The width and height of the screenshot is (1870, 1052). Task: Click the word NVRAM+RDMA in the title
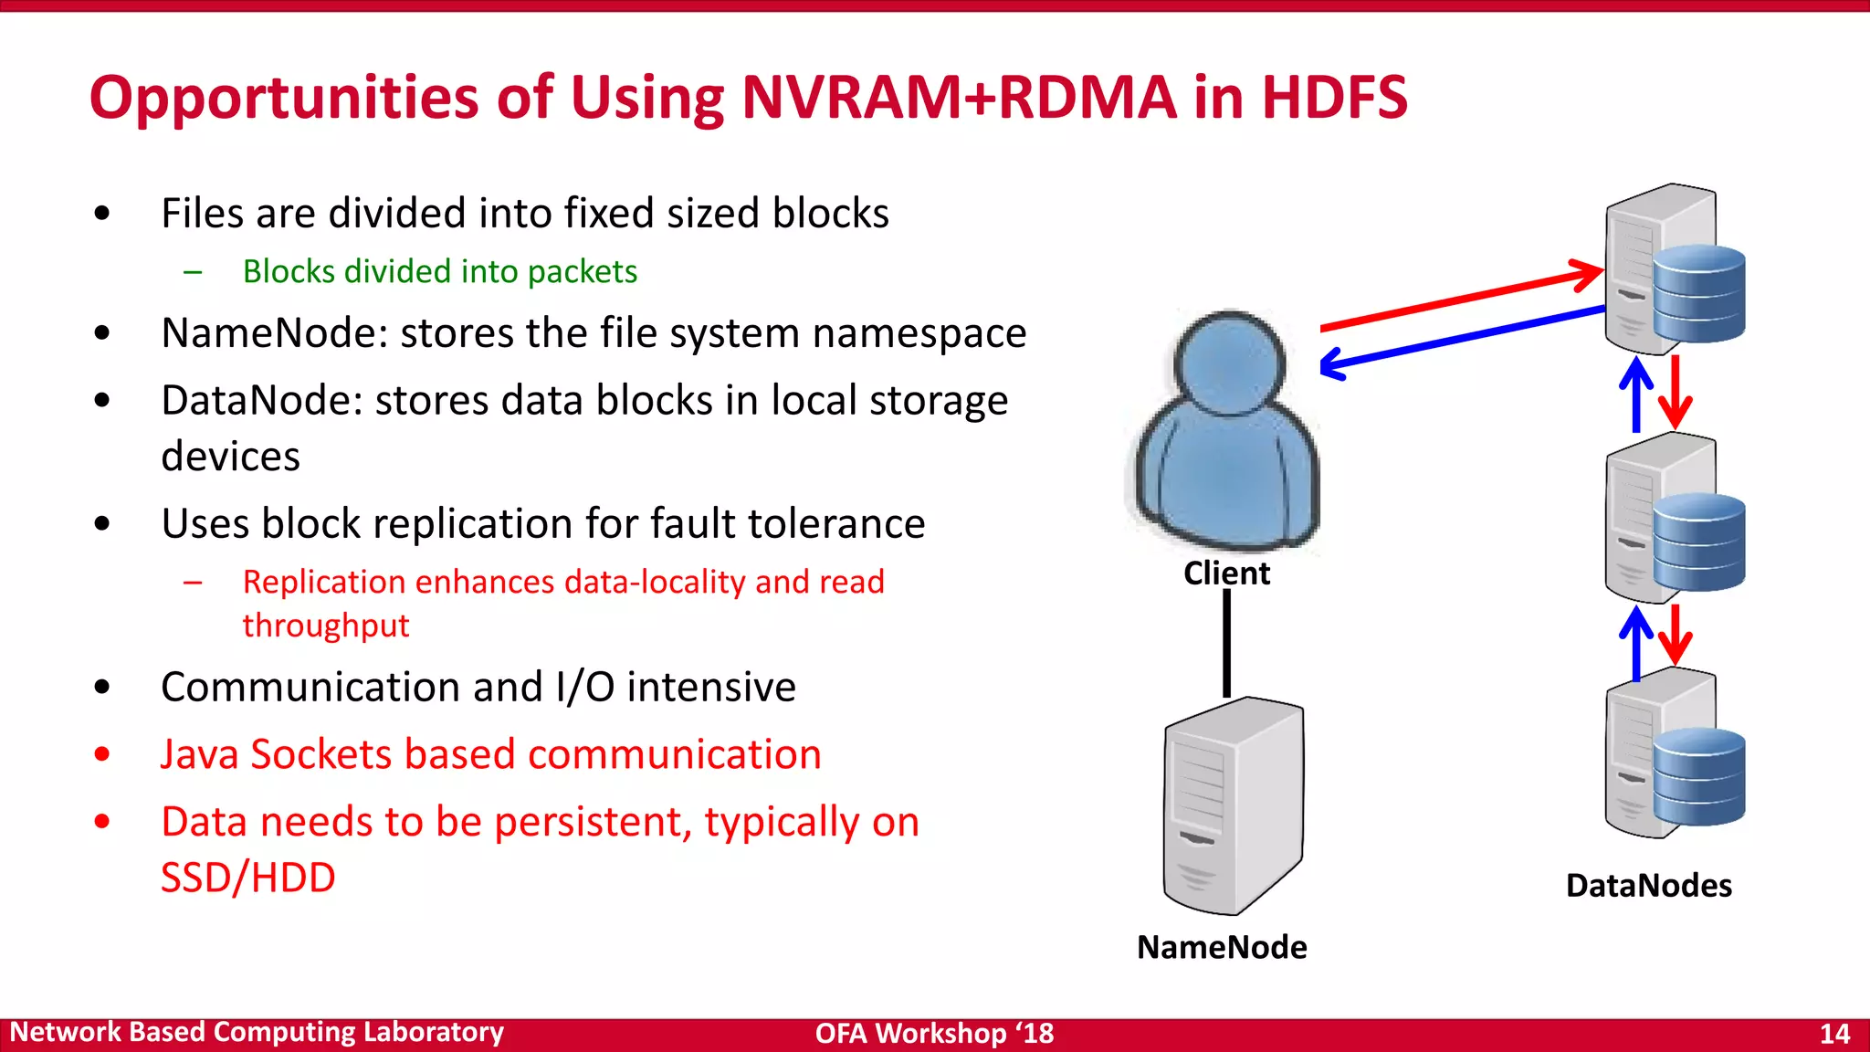[x=959, y=97]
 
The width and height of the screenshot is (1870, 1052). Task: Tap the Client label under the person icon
[x=1226, y=573]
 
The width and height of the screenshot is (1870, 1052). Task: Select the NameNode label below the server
[x=1222, y=947]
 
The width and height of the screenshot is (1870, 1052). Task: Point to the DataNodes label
[x=1648, y=885]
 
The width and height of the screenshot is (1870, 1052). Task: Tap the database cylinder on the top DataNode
[x=1699, y=293]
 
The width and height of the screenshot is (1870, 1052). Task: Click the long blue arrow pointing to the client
[x=1461, y=338]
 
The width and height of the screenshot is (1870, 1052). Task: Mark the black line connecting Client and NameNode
[x=1226, y=643]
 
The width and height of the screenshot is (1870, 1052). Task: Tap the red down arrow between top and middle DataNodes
[x=1676, y=393]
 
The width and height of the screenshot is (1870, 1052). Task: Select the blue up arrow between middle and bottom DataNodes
[x=1636, y=645]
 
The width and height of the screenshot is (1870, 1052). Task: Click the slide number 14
[x=1834, y=1034]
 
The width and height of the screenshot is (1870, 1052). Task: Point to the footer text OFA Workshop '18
[x=934, y=1034]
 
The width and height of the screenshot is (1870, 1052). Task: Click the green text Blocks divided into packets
[x=439, y=271]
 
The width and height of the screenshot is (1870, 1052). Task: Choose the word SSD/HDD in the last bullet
[x=248, y=878]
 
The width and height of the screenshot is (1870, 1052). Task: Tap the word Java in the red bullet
[x=199, y=754]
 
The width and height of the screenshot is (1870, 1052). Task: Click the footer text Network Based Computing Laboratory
[x=257, y=1032]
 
